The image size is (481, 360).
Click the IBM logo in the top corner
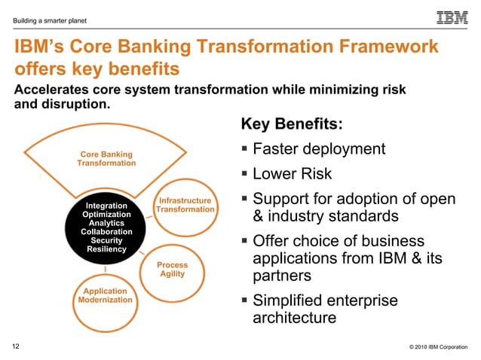(452, 17)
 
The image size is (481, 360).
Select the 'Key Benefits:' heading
(291, 124)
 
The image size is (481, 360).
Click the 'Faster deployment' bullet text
(319, 149)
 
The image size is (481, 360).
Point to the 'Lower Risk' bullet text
(292, 175)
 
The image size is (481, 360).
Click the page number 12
(16, 346)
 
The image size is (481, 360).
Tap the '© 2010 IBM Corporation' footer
(438, 347)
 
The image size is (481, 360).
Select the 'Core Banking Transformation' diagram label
(106, 159)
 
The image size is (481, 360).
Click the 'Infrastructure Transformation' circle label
(185, 205)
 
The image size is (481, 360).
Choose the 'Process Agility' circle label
(172, 270)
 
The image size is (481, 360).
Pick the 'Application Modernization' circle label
(106, 295)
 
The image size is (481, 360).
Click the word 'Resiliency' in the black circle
(106, 249)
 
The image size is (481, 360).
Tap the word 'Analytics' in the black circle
(106, 223)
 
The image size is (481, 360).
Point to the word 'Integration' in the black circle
(106, 206)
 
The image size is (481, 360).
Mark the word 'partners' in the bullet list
(282, 276)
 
